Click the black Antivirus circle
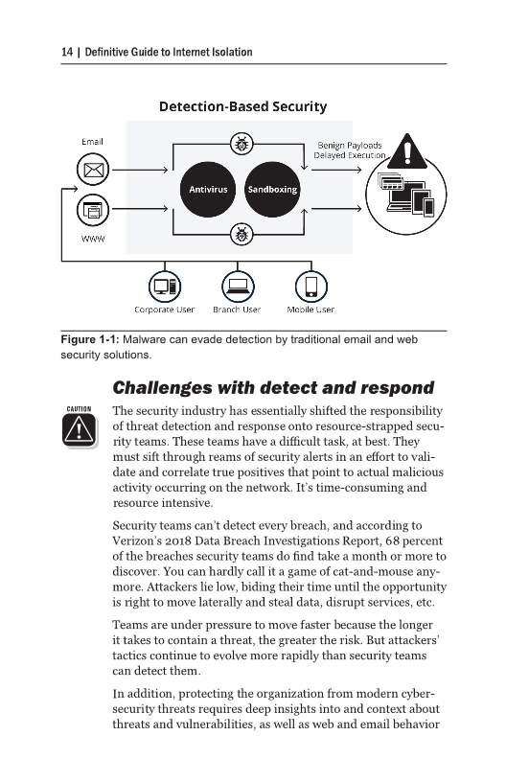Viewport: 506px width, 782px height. click(x=208, y=189)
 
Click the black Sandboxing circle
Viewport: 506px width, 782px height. click(x=272, y=189)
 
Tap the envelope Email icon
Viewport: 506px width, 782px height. click(x=92, y=172)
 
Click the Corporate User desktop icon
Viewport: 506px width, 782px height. click(x=165, y=285)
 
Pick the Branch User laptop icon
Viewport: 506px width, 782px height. click(x=237, y=285)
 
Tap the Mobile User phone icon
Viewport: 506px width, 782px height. click(x=310, y=285)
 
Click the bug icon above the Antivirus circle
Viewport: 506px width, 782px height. click(x=240, y=145)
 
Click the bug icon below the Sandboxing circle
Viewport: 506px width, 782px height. click(x=240, y=233)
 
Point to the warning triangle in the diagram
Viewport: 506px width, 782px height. click(x=413, y=151)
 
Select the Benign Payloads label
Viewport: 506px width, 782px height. click(x=349, y=145)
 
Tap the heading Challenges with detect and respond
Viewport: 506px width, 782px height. click(x=260, y=388)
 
